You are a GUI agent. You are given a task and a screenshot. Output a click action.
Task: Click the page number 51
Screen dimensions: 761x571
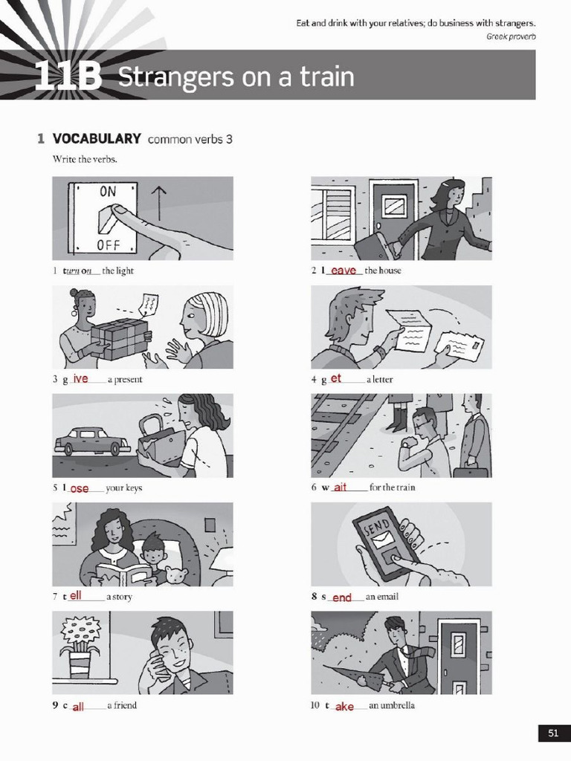pyautogui.click(x=552, y=733)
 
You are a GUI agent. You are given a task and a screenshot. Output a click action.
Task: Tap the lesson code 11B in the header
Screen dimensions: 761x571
pyautogui.click(x=68, y=77)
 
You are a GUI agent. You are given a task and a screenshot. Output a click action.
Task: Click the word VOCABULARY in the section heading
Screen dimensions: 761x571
pyautogui.click(x=97, y=139)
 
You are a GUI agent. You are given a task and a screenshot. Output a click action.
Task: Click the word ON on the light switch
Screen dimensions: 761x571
pyautogui.click(x=108, y=192)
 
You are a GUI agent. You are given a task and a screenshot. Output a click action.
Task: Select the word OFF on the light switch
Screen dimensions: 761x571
pyautogui.click(x=108, y=245)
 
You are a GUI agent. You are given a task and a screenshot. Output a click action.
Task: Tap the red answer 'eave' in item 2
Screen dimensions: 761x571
pyautogui.click(x=343, y=271)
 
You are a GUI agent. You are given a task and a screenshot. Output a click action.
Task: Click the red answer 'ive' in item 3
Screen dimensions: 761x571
pyautogui.click(x=80, y=379)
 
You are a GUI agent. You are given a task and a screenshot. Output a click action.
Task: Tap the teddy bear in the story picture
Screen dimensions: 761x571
pyautogui.click(x=175, y=575)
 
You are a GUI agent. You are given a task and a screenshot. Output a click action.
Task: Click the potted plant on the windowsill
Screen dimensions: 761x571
pyautogui.click(x=80, y=647)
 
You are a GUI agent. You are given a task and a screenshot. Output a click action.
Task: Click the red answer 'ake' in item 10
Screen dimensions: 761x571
pyautogui.click(x=344, y=706)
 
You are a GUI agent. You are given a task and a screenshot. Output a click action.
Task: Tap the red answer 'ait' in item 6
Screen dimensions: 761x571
pyautogui.click(x=341, y=488)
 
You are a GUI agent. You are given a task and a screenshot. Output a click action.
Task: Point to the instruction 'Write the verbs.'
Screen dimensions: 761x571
pyautogui.click(x=85, y=158)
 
